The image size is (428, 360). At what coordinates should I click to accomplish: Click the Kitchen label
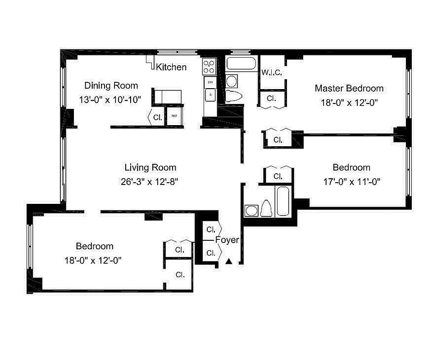[x=171, y=67]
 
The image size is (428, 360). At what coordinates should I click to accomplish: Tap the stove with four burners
[x=209, y=67]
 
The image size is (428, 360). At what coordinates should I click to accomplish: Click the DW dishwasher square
[x=210, y=82]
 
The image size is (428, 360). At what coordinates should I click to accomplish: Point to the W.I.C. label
[x=272, y=72]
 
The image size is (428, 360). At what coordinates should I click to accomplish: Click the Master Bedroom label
[x=349, y=88]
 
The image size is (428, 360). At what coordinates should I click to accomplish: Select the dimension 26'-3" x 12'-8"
[x=150, y=182]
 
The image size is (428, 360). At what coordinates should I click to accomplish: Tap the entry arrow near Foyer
[x=229, y=261]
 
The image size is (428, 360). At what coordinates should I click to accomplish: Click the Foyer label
[x=227, y=240]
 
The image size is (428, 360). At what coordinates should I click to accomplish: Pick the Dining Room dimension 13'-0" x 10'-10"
[x=110, y=100]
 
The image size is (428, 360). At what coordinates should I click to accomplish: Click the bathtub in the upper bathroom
[x=241, y=63]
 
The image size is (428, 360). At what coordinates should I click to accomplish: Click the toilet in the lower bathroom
[x=266, y=208]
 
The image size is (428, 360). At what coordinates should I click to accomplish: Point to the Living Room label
[x=150, y=167]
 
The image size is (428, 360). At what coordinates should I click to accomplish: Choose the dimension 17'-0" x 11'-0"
[x=351, y=182]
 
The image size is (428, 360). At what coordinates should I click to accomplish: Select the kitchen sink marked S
[x=210, y=95]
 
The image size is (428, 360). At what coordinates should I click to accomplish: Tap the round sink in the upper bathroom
[x=232, y=81]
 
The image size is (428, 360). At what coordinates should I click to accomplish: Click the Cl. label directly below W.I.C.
[x=271, y=98]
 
